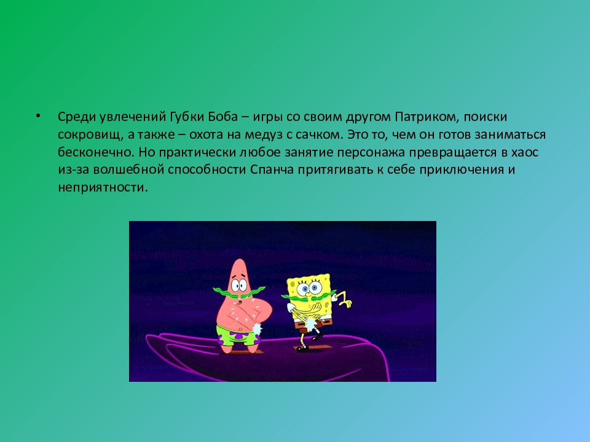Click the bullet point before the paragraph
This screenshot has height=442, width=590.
pyautogui.click(x=37, y=116)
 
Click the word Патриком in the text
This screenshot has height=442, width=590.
pyautogui.click(x=427, y=117)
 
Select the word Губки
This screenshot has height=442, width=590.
pyautogui.click(x=184, y=117)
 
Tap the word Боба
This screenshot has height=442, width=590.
pyautogui.click(x=222, y=117)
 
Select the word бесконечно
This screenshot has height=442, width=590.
pyautogui.click(x=96, y=152)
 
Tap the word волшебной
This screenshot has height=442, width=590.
pyautogui.click(x=128, y=170)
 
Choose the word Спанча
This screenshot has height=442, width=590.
pyautogui.click(x=272, y=170)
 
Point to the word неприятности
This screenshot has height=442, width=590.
pyautogui.click(x=103, y=188)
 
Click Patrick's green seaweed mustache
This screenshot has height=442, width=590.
pyautogui.click(x=239, y=292)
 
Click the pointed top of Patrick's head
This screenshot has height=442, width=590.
pyautogui.click(x=238, y=260)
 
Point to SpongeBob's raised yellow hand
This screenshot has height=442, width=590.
pyautogui.click(x=344, y=299)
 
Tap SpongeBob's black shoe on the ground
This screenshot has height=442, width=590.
pyautogui.click(x=302, y=349)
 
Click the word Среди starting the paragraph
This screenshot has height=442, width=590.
pyautogui.click(x=77, y=117)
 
